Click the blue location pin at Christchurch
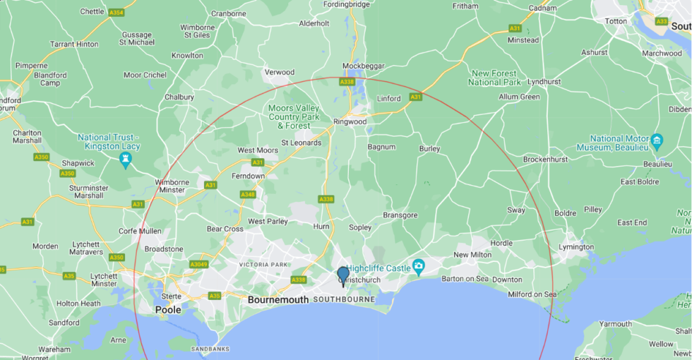tap(343, 275)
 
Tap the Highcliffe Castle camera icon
tap(419, 267)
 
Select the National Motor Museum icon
tap(657, 138)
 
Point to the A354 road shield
tap(116, 13)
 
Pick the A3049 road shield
tap(198, 264)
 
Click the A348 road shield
tap(248, 194)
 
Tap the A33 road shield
tap(661, 21)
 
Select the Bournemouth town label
tap(278, 300)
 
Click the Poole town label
tap(168, 310)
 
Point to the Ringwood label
tap(350, 121)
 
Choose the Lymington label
tap(575, 247)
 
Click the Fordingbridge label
tap(347, 5)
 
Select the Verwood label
tap(279, 72)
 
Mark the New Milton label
tap(472, 255)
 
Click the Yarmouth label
tap(616, 324)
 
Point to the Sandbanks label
tap(210, 349)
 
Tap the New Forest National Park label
tap(494, 78)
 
